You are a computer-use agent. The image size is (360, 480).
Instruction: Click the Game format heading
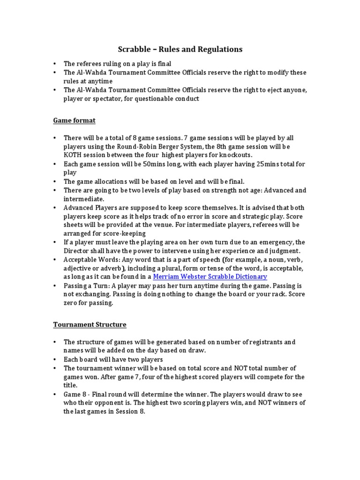tap(74, 120)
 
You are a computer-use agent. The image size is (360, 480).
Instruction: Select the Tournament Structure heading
tap(90, 324)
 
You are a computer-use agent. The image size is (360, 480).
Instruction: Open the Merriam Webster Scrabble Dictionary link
tap(210, 277)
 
